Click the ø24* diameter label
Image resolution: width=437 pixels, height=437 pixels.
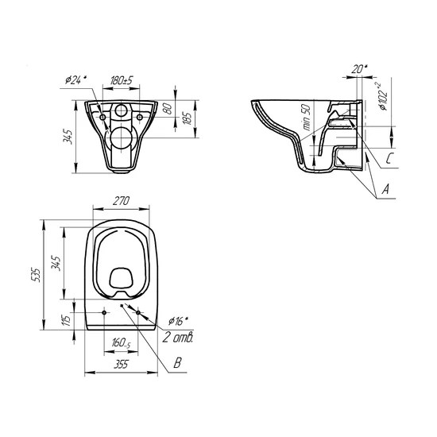[x=75, y=79]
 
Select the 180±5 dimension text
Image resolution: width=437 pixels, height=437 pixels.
[x=121, y=80]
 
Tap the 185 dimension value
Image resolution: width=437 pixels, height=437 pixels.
[x=188, y=118]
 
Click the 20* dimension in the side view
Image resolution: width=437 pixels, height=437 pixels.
[x=359, y=68]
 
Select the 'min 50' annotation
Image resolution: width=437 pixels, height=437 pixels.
[x=306, y=117]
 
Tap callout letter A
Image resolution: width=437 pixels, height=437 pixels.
[x=385, y=189]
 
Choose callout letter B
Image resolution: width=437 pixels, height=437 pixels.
[x=177, y=362]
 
